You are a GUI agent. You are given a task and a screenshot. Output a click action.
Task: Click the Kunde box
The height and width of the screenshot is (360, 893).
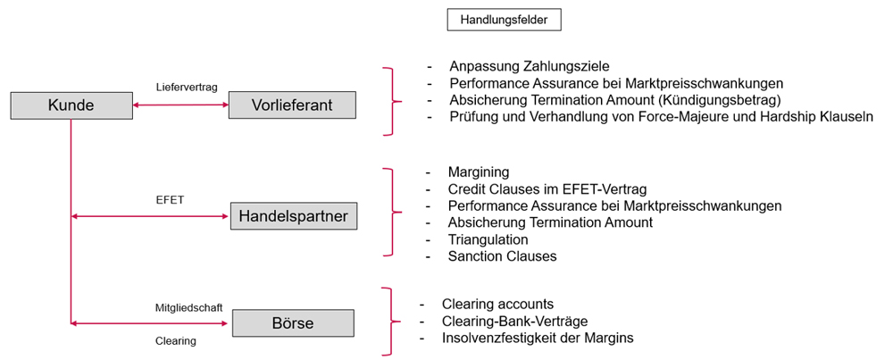point(71,106)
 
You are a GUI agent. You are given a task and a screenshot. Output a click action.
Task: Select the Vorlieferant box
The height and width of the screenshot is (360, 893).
point(292,105)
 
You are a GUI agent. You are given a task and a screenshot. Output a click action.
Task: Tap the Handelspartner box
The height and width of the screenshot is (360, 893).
point(293,216)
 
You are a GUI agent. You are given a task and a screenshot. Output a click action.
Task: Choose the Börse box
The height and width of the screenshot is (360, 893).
point(293,323)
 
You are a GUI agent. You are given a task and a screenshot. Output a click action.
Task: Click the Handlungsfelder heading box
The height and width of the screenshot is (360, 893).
point(505,21)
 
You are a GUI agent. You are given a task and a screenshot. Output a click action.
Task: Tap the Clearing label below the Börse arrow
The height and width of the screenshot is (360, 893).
point(175,341)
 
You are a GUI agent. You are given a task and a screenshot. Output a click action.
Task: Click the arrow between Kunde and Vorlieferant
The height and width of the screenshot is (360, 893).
point(180,105)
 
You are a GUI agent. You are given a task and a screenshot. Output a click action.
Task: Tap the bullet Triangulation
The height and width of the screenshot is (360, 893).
point(488,239)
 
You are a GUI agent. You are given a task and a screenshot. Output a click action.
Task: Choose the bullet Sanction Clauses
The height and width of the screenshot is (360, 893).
point(502,256)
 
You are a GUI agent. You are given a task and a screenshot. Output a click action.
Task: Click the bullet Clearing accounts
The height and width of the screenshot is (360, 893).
point(497,305)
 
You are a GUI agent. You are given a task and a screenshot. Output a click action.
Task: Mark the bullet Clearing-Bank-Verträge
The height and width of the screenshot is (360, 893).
point(514,321)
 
